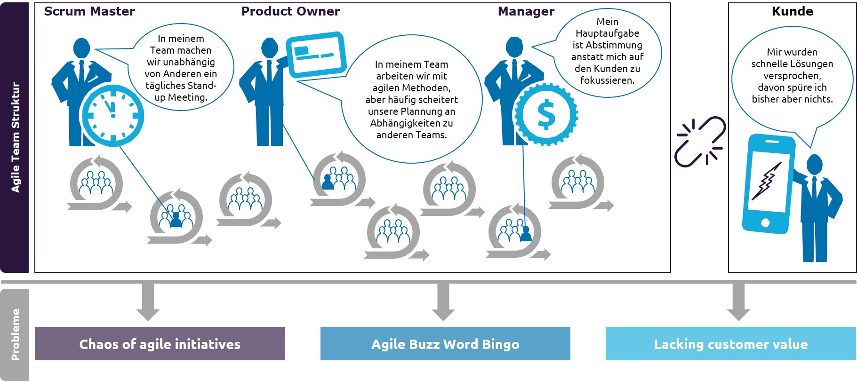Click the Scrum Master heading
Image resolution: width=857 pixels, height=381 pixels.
[x=89, y=11]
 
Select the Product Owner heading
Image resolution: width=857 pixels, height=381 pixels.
[x=290, y=11]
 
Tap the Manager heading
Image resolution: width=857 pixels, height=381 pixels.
[x=526, y=11]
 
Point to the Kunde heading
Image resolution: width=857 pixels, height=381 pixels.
[x=793, y=11]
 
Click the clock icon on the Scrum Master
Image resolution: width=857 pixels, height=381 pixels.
[x=113, y=115]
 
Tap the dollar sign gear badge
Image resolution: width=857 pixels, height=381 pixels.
[x=546, y=114]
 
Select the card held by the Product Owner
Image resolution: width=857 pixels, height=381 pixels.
[x=316, y=54]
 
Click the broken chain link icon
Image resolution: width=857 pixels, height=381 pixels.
[x=700, y=142]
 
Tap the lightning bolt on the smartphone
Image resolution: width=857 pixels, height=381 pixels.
[x=766, y=181]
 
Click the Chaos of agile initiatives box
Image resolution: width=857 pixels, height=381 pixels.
[x=160, y=344]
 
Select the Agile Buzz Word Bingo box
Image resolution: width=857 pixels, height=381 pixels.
[x=445, y=344]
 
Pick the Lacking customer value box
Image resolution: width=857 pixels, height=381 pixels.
[x=730, y=344]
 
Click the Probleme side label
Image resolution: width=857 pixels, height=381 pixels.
[x=15, y=334]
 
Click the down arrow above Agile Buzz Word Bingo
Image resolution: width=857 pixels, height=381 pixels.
[x=443, y=302]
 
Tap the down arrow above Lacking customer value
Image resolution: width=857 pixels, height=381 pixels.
[x=738, y=302]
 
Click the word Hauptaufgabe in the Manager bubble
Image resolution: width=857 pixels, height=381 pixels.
[x=607, y=33]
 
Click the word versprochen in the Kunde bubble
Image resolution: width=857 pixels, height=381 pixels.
[x=792, y=76]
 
